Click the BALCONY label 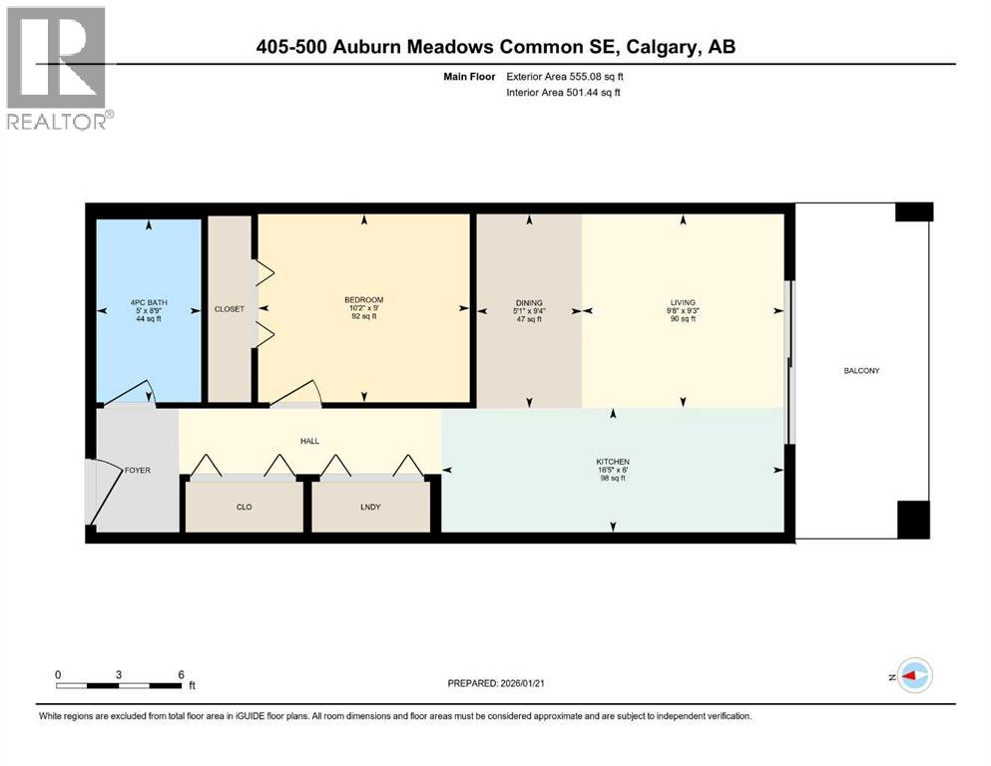coord(860,370)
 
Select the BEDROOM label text coord(363,299)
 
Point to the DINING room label coord(529,302)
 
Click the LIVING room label coord(683,302)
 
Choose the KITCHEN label coord(612,461)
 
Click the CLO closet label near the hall coord(244,507)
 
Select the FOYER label coord(137,470)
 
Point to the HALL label coord(308,439)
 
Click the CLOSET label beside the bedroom coord(229,309)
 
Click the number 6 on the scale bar coord(181,674)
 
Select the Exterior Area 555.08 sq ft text coord(566,77)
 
